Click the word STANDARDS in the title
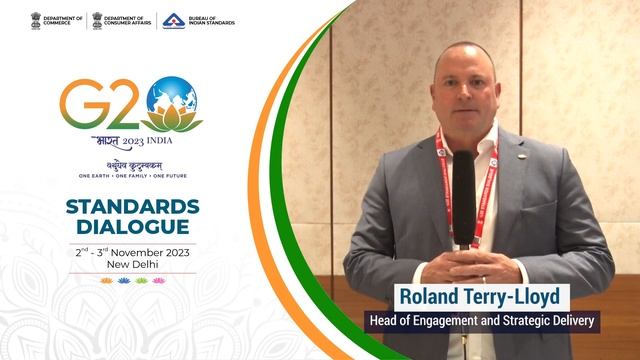(x=132, y=207)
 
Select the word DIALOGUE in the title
(x=132, y=228)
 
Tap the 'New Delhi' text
(x=132, y=266)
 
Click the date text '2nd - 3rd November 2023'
(x=132, y=253)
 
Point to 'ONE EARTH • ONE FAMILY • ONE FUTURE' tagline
(x=132, y=175)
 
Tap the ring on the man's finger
(x=484, y=281)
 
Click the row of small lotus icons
(x=132, y=281)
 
